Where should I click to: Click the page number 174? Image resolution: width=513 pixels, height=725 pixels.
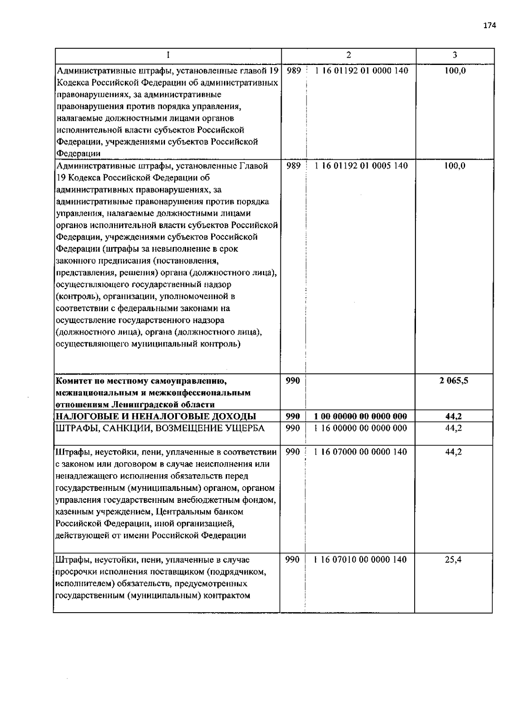point(489,26)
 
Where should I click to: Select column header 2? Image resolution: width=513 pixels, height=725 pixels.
point(348,55)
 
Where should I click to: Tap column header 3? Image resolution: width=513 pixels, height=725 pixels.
point(454,55)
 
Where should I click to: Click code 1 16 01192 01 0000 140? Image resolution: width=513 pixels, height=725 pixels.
point(361,70)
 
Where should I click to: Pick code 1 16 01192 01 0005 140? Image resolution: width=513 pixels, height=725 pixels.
point(361,166)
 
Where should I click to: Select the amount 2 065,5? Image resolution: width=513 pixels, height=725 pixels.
point(454,380)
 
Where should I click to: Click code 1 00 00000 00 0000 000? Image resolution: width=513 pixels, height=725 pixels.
point(360,417)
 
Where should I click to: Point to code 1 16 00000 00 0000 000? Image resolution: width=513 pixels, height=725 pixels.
point(360,428)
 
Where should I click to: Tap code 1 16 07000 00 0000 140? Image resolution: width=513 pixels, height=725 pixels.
point(360,452)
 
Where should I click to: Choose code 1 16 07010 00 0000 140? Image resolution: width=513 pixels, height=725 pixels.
point(360,559)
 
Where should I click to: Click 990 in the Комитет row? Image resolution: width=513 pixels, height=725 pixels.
point(293,380)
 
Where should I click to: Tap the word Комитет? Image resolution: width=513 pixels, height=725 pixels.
point(73,381)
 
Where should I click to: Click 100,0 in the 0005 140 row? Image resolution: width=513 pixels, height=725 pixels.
point(454,166)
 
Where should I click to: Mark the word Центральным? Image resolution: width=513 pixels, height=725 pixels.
point(182,511)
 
